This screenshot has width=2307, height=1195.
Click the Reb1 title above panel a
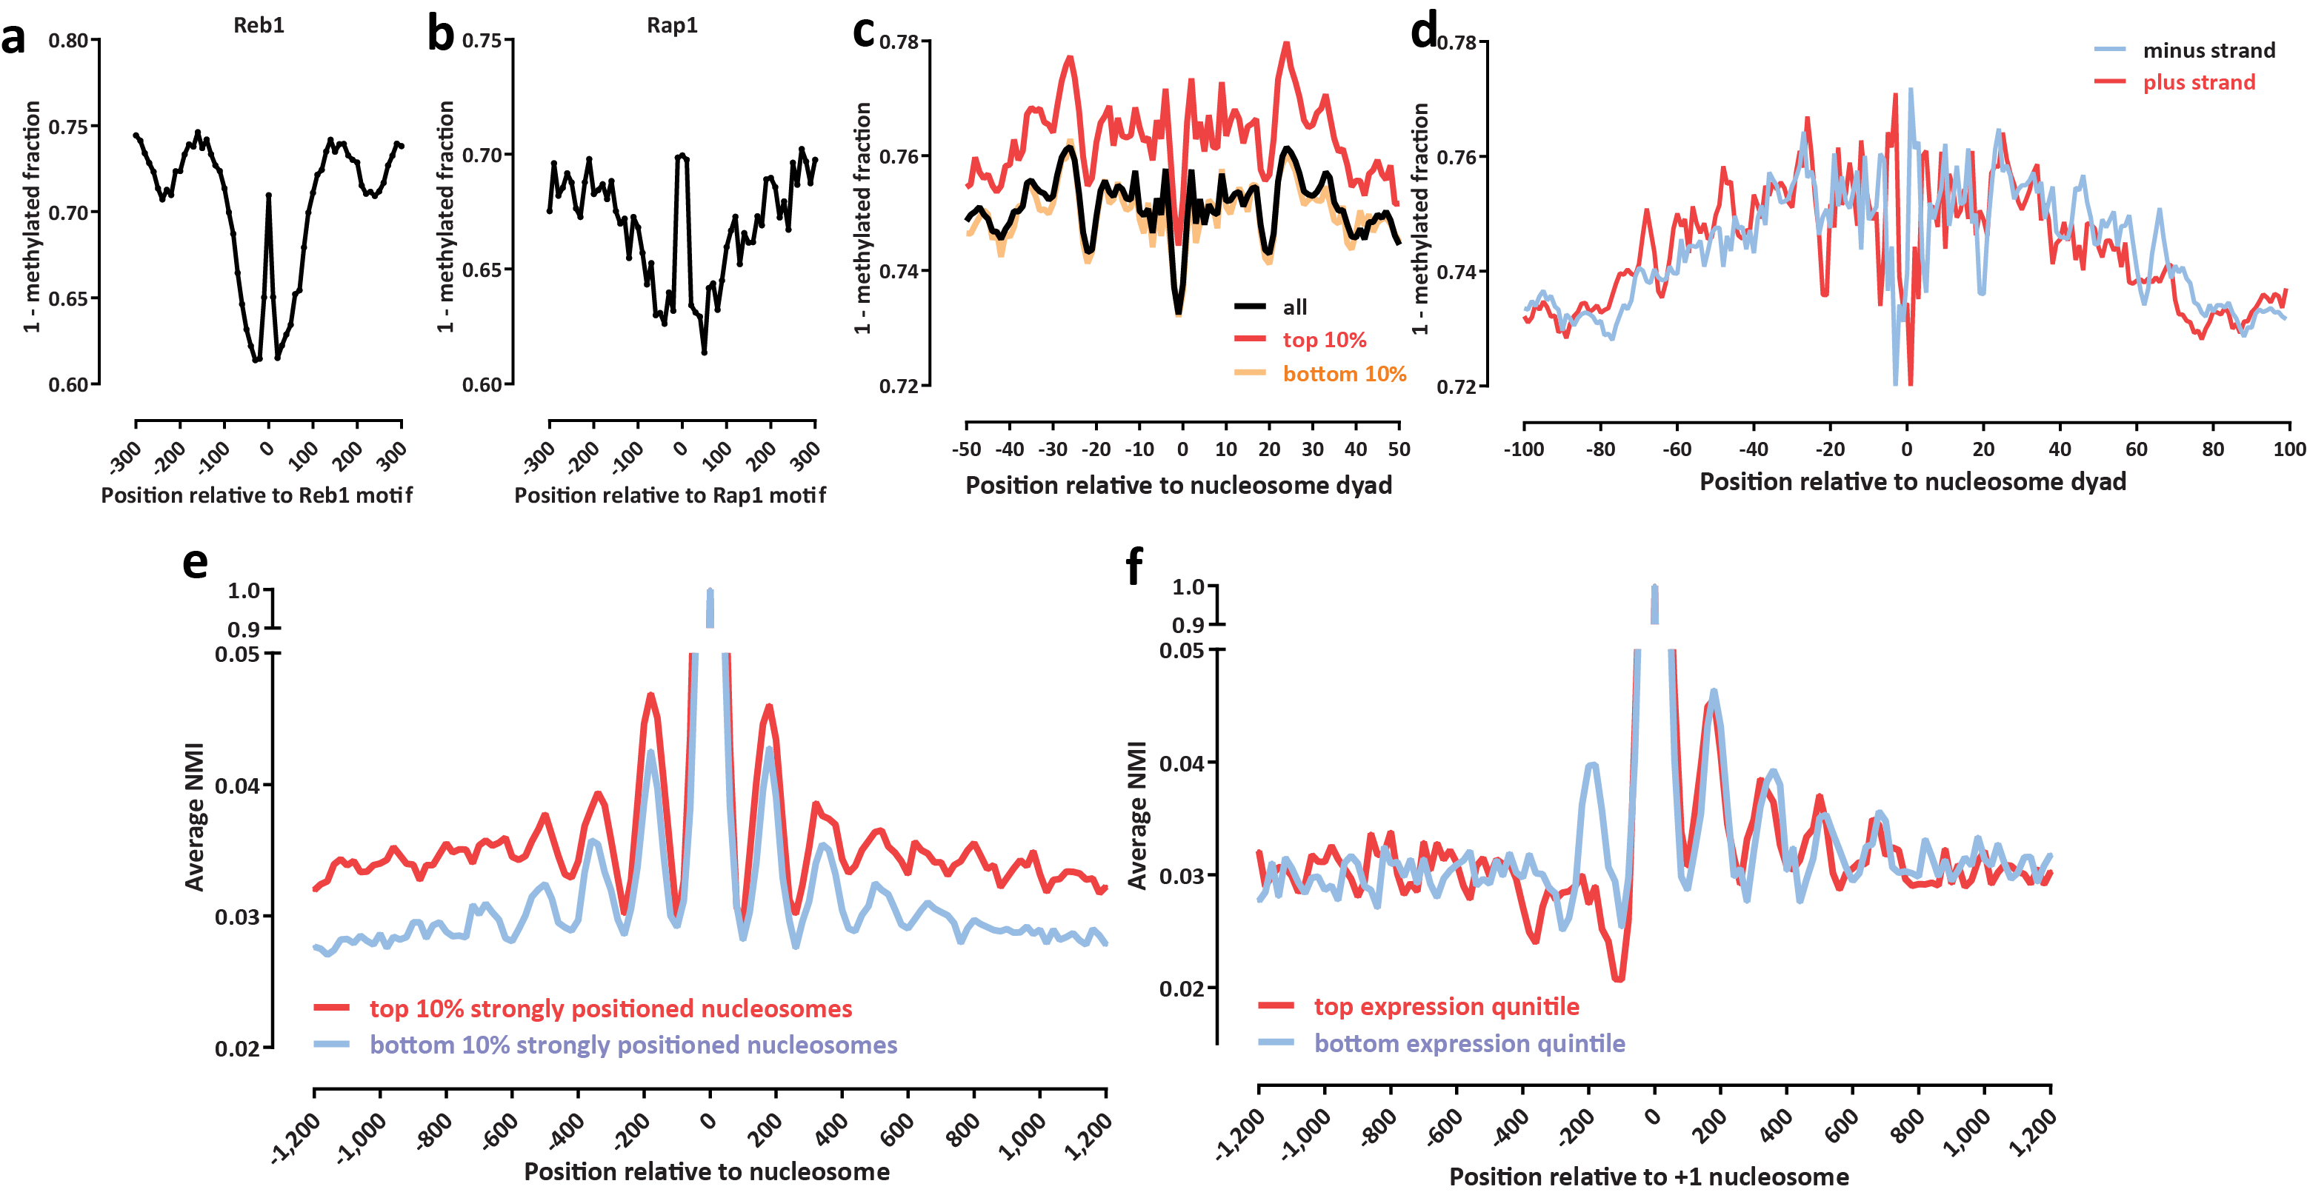pyautogui.click(x=259, y=25)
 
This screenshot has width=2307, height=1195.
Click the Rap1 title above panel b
pyautogui.click(x=672, y=25)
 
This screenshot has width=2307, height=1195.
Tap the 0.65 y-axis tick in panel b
pyautogui.click(x=482, y=270)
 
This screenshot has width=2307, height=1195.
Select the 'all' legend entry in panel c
pyautogui.click(x=1294, y=307)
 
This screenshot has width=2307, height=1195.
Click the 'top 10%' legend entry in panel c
pyautogui.click(x=1324, y=340)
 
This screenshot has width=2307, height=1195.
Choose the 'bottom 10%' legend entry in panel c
pyautogui.click(x=1343, y=373)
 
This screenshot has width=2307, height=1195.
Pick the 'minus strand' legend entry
pyautogui.click(x=2208, y=50)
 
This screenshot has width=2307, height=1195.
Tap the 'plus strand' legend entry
pyautogui.click(x=2199, y=82)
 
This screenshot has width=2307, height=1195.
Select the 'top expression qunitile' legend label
pyautogui.click(x=1445, y=1006)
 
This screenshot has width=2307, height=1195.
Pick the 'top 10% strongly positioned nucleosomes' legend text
pyautogui.click(x=610, y=1009)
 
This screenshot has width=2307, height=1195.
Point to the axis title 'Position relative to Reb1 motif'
pyautogui.click(x=257, y=495)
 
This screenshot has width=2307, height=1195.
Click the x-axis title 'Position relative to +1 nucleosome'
pyautogui.click(x=1648, y=1176)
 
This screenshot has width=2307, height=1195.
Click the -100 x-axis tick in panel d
pyautogui.click(x=1523, y=449)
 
